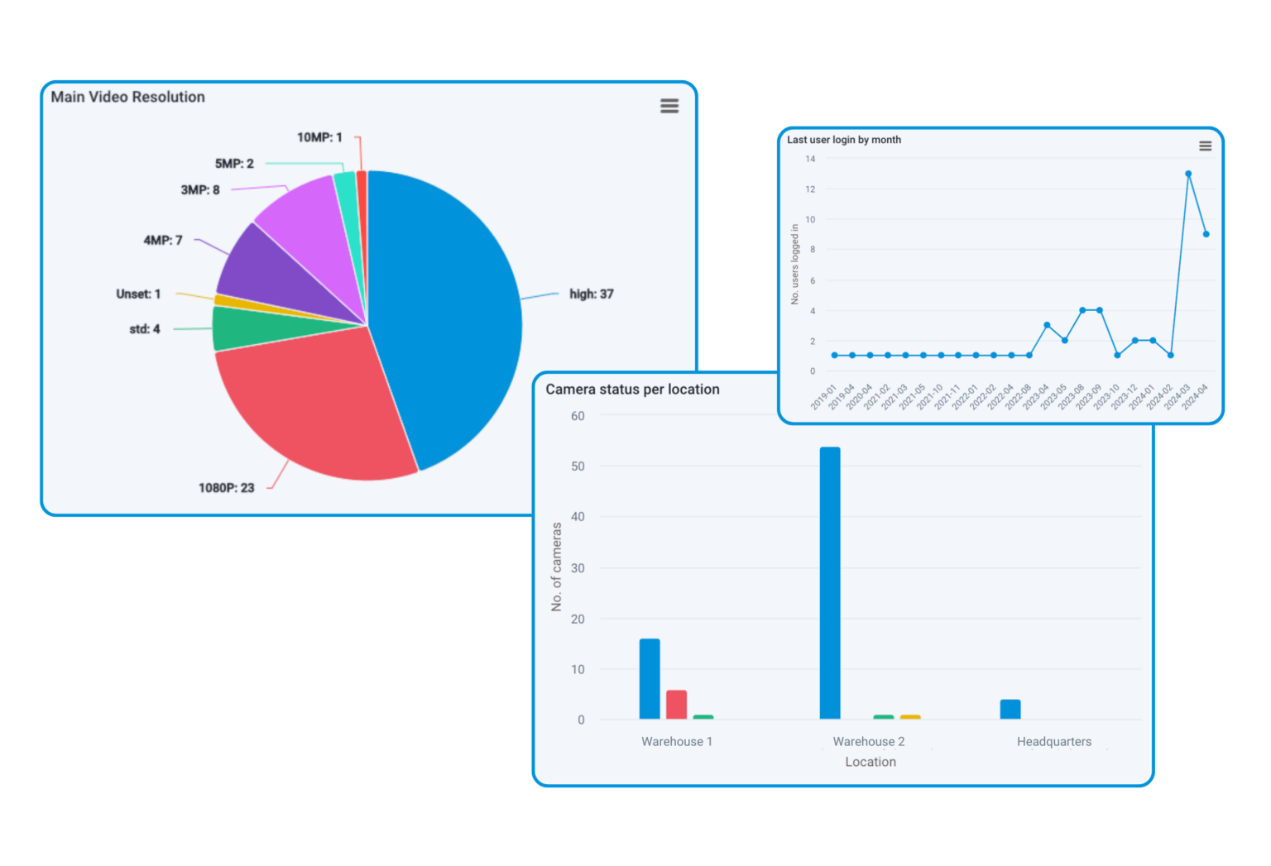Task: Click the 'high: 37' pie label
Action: pos(591,294)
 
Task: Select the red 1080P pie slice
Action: pos(314,405)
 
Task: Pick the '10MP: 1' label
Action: pos(319,137)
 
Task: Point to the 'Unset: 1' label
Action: pos(138,294)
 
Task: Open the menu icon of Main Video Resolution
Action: pos(669,106)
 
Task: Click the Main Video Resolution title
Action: pos(127,97)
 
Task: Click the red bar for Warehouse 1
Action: pos(676,704)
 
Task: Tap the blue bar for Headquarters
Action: pos(1010,709)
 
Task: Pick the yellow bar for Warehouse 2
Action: pos(910,716)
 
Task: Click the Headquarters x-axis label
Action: pos(1053,742)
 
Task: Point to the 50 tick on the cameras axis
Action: pos(578,466)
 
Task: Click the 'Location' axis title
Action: pos(870,762)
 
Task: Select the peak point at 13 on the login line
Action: pos(1188,174)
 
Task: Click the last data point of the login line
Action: pos(1206,234)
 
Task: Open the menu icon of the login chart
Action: pos(1206,146)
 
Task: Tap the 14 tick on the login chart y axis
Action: pos(810,159)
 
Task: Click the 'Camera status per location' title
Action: pos(632,390)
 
